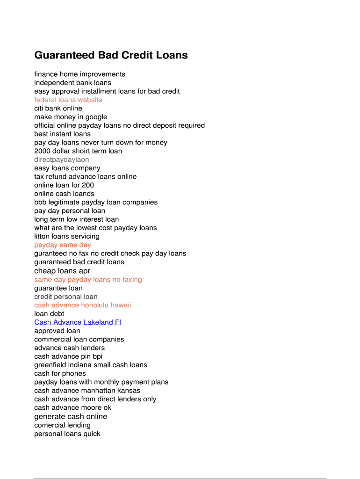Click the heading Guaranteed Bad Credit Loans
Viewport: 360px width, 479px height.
click(111, 55)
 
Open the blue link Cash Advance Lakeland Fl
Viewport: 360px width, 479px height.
click(78, 322)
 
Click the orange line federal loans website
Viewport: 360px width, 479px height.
click(68, 100)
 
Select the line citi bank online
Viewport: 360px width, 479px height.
click(58, 108)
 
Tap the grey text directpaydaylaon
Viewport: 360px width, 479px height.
click(61, 160)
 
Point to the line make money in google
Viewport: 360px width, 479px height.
click(71, 117)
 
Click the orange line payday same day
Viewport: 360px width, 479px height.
click(63, 245)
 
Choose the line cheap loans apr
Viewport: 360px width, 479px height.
click(62, 271)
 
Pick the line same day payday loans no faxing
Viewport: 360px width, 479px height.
click(88, 280)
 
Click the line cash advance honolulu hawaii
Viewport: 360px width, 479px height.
click(82, 305)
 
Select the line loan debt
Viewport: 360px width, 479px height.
click(49, 314)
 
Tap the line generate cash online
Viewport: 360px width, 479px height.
click(71, 416)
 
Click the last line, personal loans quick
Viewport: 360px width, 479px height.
click(67, 434)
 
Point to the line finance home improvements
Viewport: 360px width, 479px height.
click(79, 74)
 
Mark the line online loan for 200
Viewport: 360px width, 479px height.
click(64, 185)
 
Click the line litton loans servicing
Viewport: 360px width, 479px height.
click(67, 236)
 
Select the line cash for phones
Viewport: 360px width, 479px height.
click(60, 373)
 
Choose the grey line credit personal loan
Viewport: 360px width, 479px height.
click(66, 297)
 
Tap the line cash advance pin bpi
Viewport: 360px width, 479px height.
click(68, 356)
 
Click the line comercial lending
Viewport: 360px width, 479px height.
click(62, 425)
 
